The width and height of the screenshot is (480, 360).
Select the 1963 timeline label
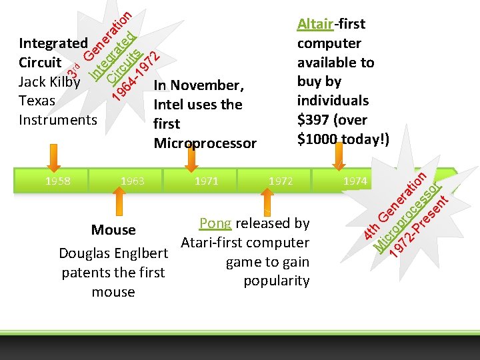tap(132, 180)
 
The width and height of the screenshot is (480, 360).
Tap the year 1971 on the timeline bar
tap(206, 180)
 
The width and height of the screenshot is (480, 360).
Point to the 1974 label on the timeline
tap(355, 180)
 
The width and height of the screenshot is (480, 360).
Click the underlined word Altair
tap(315, 25)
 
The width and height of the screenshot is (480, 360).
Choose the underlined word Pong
tap(215, 223)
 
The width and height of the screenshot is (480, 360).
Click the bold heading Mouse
tap(113, 230)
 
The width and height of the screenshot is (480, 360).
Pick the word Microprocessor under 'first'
tap(205, 143)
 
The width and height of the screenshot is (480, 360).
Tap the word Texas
tap(37, 101)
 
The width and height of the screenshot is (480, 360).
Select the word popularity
tap(277, 281)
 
